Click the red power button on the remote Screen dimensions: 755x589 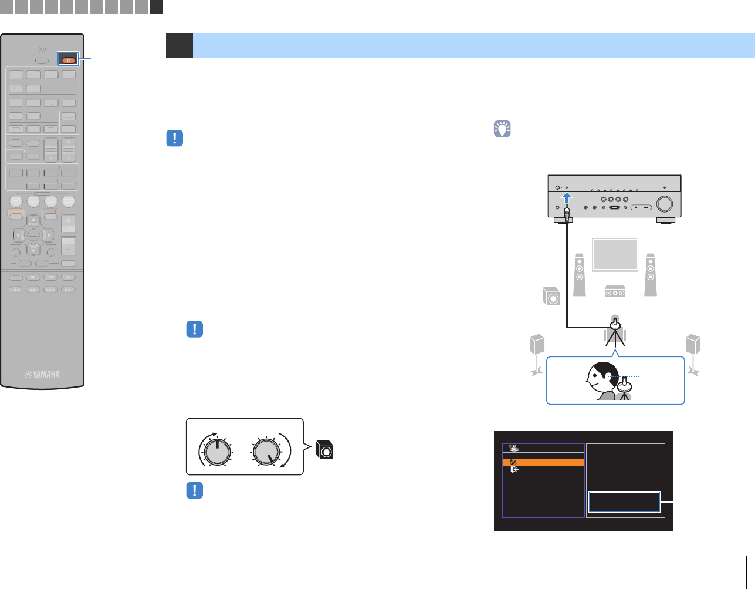click(69, 60)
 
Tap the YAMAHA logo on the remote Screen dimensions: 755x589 click(42, 374)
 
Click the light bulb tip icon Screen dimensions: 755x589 click(502, 129)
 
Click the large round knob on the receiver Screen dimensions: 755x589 click(665, 203)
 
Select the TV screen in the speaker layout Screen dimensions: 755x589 click(615, 255)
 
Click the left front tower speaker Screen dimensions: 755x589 click(580, 274)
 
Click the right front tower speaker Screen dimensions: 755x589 click(650, 274)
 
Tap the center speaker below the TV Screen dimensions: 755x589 click(615, 291)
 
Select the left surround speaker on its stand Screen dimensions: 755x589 click(537, 352)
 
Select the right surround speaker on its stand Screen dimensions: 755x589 click(693, 352)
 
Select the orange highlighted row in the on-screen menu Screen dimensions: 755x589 click(544, 462)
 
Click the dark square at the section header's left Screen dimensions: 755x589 click(180, 46)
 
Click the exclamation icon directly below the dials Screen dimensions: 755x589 click(194, 490)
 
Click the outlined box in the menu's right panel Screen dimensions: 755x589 click(625, 502)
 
